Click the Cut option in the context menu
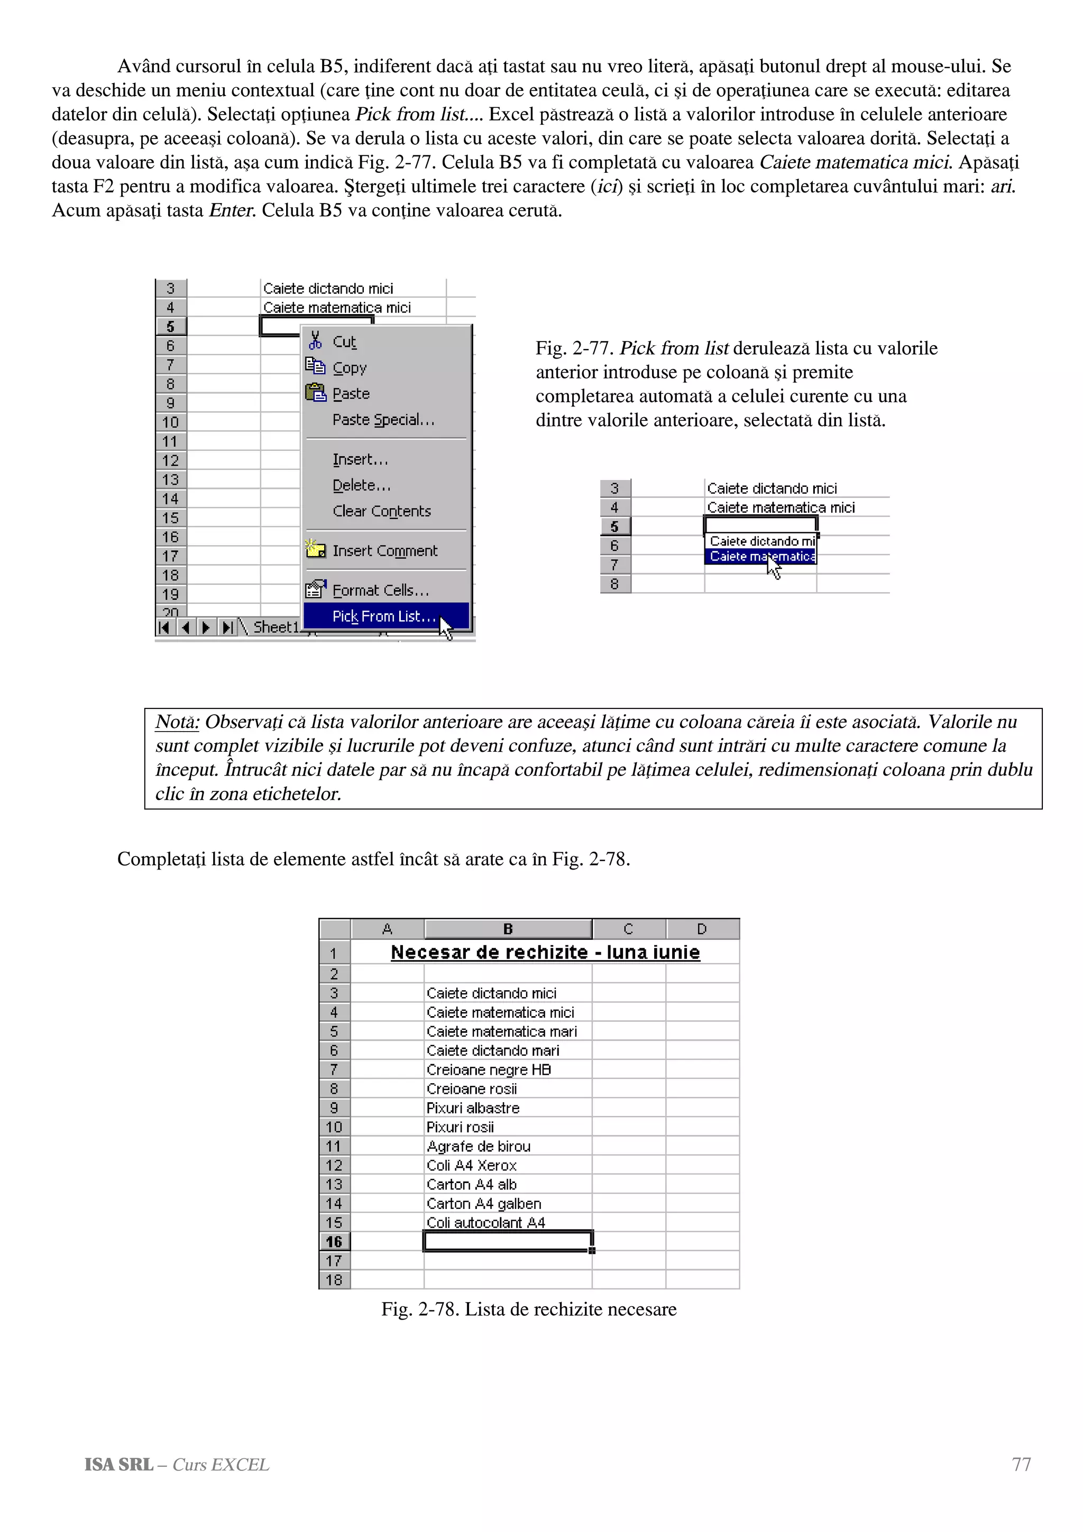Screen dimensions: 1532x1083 pos(344,342)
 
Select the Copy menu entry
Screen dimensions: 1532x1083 pos(349,367)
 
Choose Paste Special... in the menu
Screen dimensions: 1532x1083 pos(383,420)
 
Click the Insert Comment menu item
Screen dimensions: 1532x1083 pos(384,550)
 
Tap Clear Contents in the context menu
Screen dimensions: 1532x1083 pos(381,511)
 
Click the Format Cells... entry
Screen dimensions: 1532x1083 pos(380,590)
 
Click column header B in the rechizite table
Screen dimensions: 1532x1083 pos(508,929)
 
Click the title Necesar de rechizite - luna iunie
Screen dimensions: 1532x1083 pos(545,952)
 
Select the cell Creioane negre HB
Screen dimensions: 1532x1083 pos(489,1069)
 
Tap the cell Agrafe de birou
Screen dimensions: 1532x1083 pos(479,1146)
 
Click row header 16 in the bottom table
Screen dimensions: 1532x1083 pos(334,1242)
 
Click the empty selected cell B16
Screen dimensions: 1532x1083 pos(507,1242)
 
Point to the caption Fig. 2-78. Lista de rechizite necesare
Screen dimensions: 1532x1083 pos(528,1309)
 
